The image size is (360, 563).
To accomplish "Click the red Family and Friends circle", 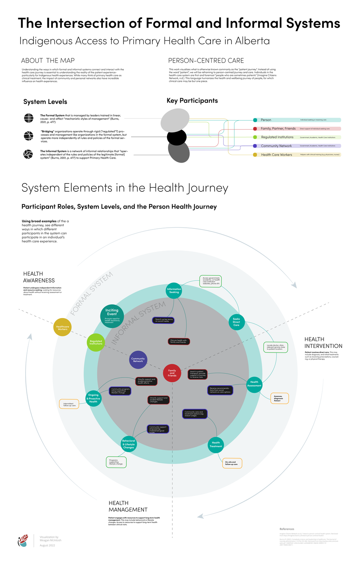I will click(x=172, y=373).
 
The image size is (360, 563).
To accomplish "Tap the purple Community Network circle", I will click(x=138, y=359).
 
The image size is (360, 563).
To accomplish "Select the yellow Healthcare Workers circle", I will click(x=62, y=327).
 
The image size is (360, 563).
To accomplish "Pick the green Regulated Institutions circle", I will click(x=96, y=342).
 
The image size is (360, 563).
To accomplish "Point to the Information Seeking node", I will click(x=174, y=291).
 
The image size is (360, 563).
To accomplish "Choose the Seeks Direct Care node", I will click(x=237, y=322).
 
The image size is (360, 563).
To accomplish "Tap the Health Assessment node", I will click(x=254, y=384).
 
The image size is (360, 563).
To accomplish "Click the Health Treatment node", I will click(x=216, y=445).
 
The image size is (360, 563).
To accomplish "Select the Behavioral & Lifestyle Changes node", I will click(x=129, y=444).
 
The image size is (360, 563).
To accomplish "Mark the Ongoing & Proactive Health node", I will click(x=94, y=398).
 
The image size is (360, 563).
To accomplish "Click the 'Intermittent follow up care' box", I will click(x=69, y=404).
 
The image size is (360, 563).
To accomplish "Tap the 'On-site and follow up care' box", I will click(x=232, y=463).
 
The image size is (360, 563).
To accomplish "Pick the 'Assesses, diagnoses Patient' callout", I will click(x=279, y=398).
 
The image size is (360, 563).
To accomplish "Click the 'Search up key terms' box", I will click(x=163, y=320).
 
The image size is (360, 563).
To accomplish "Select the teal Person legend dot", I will click(x=255, y=120).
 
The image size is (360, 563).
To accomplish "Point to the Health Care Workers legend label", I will click(x=276, y=155).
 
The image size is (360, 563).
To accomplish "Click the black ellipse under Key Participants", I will click(x=177, y=137).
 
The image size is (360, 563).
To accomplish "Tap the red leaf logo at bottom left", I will click(x=23, y=540).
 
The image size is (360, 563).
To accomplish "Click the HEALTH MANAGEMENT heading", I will click(x=128, y=506).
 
